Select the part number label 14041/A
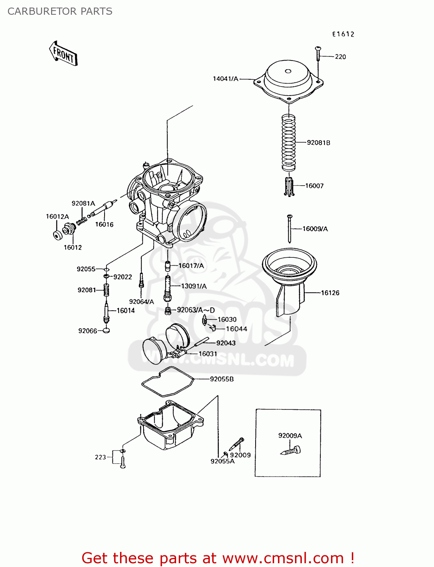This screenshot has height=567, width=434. (225, 79)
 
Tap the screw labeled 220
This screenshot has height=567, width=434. (318, 54)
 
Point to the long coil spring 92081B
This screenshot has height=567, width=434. (289, 143)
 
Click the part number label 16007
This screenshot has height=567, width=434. (314, 186)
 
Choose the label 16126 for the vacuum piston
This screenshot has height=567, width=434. (330, 293)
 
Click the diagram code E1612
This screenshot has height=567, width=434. (343, 34)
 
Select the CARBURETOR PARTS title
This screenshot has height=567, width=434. (60, 11)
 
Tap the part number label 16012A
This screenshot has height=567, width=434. (57, 217)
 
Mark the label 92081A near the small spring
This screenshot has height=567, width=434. (83, 203)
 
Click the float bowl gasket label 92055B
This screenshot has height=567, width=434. (222, 379)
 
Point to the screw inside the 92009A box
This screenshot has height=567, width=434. (291, 451)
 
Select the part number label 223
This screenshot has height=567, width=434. (100, 457)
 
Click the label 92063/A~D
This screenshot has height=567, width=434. (196, 310)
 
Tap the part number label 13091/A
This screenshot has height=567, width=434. (194, 286)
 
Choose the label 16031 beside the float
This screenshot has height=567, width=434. (208, 354)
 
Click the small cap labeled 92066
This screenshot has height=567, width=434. (106, 330)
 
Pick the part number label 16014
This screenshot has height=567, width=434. (126, 311)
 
